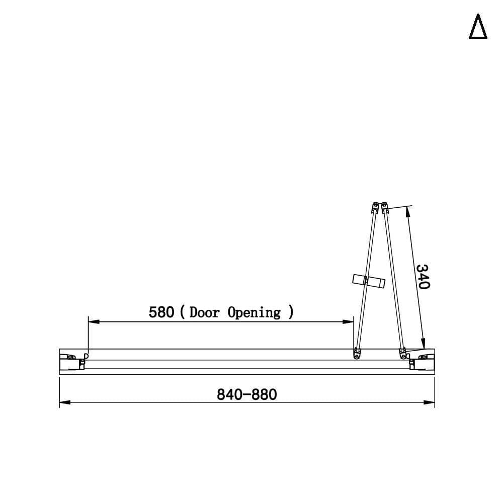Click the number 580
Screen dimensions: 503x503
(x=161, y=312)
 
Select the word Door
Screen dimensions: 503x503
(x=205, y=312)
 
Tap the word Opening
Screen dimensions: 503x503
(x=254, y=313)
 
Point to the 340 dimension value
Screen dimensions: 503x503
(x=423, y=277)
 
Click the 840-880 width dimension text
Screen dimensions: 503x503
(x=246, y=394)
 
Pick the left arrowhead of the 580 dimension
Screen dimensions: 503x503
(x=94, y=321)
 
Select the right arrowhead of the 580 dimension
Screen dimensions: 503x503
(x=348, y=321)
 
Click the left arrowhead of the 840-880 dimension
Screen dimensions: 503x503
(x=65, y=402)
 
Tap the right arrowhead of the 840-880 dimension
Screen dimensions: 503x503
(x=429, y=402)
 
